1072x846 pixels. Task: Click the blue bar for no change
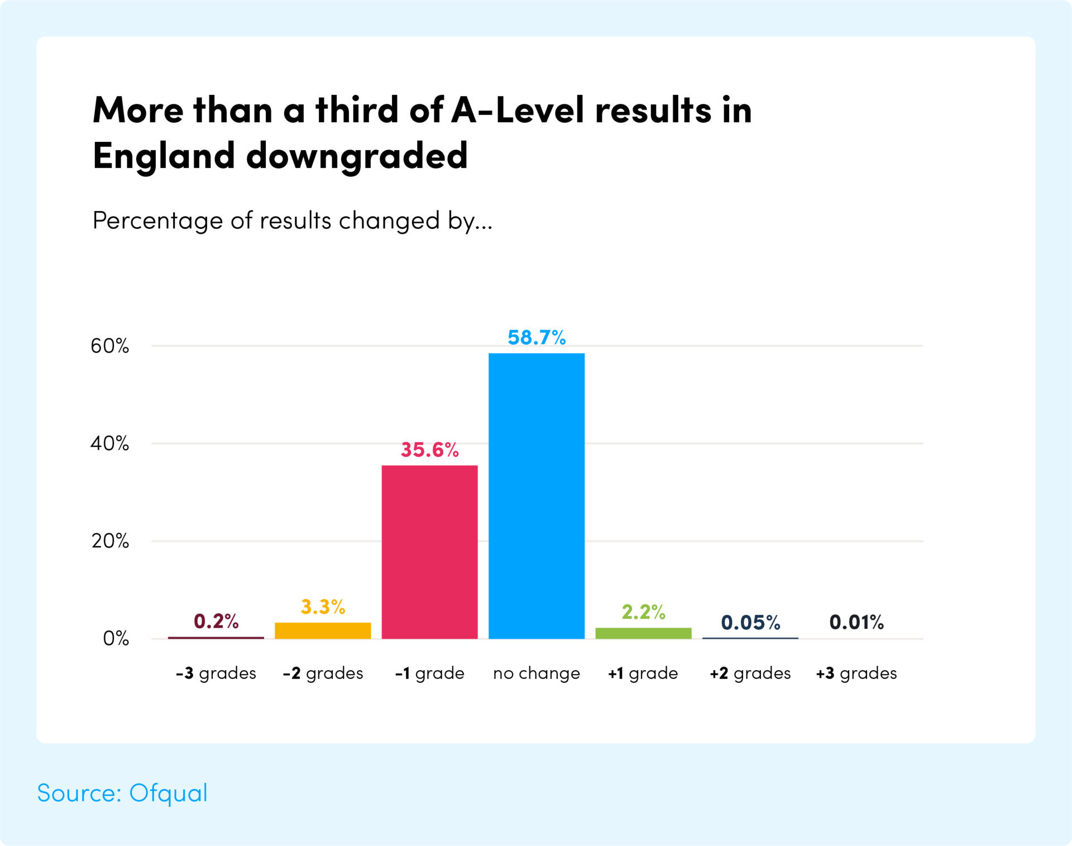pos(536,495)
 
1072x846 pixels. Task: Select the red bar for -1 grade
pos(429,552)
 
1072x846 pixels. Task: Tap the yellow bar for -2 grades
pos(323,630)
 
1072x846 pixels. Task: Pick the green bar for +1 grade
pos(643,633)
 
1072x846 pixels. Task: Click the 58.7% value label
pos(537,338)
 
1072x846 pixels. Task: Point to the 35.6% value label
pos(429,450)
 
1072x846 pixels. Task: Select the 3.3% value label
pos(323,607)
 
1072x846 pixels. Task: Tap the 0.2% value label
pos(216,621)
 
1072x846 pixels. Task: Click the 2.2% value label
pos(643,613)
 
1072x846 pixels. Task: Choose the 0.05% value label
pos(750,623)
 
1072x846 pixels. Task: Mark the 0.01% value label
pos(856,622)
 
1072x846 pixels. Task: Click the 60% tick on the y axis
pos(110,346)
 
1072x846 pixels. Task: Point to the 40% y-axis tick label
pos(110,444)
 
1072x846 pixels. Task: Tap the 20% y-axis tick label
pos(110,541)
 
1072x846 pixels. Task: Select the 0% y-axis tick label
pos(116,638)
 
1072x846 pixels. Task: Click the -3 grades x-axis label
pos(216,673)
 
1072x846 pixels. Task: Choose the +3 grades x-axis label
pos(856,673)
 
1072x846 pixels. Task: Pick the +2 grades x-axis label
pos(750,673)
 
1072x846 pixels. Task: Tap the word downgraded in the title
pos(357,156)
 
